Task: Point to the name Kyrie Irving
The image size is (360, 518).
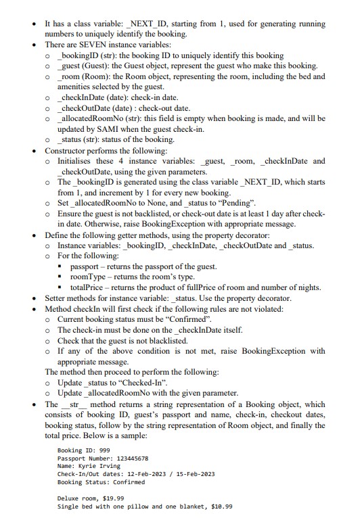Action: [96, 466]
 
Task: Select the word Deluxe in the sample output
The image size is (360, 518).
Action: [68, 498]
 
